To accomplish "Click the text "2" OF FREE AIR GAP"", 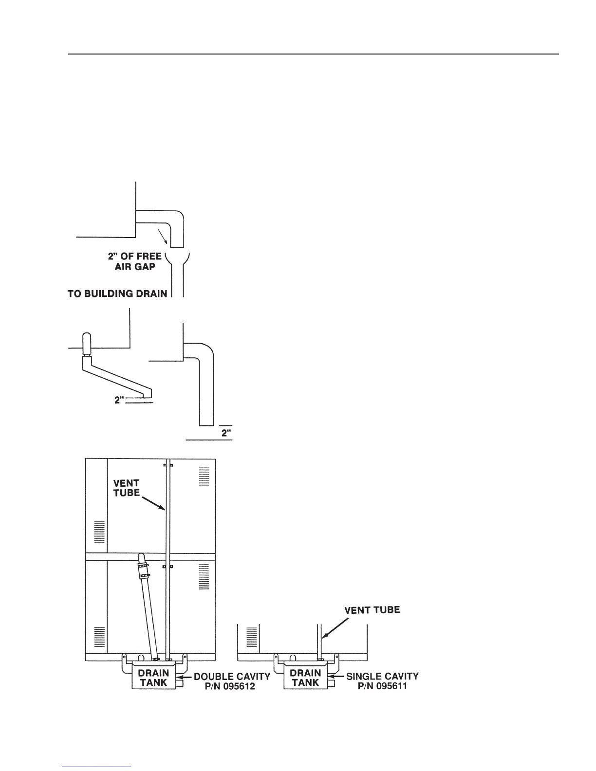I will point(135,261).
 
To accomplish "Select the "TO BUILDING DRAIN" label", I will point(117,294).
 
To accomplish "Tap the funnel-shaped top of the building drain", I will point(177,258).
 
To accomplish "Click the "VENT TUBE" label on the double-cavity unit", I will point(127,488).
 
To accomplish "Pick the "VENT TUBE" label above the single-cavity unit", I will point(372,610).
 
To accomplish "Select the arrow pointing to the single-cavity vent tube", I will point(335,627).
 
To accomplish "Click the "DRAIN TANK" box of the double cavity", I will point(153,678).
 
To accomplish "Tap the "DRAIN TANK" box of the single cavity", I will point(305,678).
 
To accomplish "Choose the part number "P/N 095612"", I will point(232,686).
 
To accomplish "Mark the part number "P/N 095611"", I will point(382,686).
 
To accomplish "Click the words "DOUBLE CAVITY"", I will point(232,677).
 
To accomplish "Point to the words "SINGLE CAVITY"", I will point(382,677).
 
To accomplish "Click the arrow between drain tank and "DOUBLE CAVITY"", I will point(184,677).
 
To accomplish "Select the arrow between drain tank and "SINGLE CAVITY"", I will point(336,677).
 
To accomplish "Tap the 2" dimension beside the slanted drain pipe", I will point(119,400).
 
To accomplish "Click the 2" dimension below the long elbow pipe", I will point(226,433).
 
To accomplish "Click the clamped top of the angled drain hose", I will point(142,565).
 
